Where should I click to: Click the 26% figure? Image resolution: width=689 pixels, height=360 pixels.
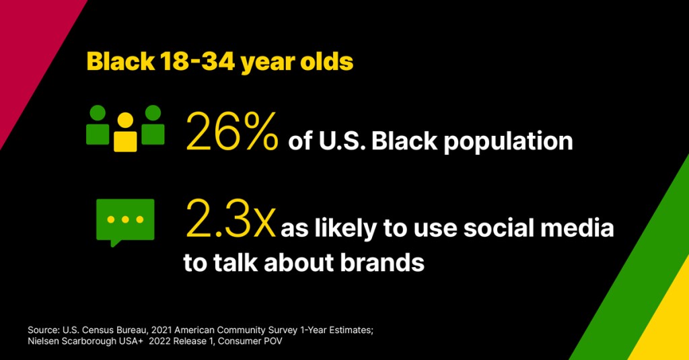coord(232,131)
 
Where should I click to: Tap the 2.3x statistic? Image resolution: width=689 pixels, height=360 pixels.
coord(231,219)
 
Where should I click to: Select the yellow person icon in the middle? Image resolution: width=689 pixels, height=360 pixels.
coord(125,132)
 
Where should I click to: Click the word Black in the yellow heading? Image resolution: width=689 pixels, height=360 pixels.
coord(121,61)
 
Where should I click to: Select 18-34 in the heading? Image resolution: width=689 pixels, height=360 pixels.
coord(198,61)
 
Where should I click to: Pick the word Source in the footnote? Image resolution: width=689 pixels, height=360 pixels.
coord(42,330)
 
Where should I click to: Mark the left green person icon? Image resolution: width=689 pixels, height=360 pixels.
coord(98,125)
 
